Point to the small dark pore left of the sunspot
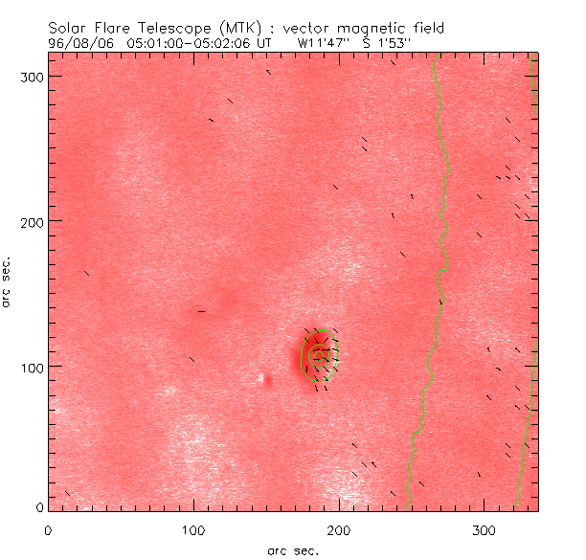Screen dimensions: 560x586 coord(267,380)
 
